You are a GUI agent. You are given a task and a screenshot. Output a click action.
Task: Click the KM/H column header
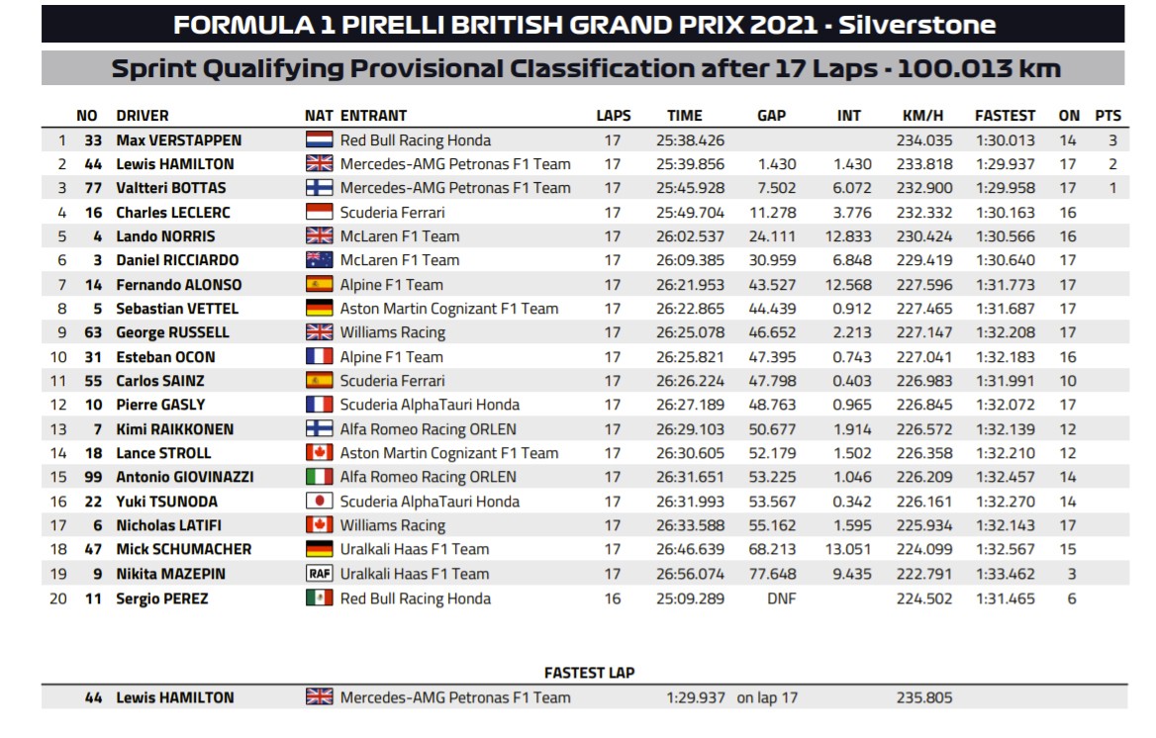click(x=922, y=116)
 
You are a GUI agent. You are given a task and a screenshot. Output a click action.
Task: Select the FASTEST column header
click(x=1005, y=116)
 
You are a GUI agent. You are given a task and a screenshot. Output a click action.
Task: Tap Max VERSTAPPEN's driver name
click(x=178, y=140)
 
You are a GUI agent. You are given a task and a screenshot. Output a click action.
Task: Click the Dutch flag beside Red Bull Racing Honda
click(x=320, y=140)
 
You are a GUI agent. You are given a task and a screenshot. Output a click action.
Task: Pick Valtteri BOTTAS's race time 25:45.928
click(x=690, y=188)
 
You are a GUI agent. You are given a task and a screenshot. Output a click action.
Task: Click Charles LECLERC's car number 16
click(x=94, y=213)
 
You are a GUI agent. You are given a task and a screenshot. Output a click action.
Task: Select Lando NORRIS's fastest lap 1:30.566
click(x=1005, y=236)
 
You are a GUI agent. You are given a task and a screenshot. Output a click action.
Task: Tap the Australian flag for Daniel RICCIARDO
click(x=320, y=259)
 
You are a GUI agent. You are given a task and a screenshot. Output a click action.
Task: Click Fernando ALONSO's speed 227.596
click(x=924, y=285)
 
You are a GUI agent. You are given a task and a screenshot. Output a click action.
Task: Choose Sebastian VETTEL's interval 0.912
click(x=852, y=309)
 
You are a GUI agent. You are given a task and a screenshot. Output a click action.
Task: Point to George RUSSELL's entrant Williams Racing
click(x=392, y=332)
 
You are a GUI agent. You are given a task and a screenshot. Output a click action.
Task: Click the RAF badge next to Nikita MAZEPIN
click(x=320, y=574)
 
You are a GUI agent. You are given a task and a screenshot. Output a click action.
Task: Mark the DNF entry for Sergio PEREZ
click(x=782, y=599)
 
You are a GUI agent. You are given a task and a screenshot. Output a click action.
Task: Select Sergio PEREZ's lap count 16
click(x=613, y=599)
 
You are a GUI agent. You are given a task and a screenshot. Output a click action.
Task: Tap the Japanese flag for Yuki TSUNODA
click(x=320, y=502)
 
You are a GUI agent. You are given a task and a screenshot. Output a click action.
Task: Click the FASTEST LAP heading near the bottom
click(x=589, y=673)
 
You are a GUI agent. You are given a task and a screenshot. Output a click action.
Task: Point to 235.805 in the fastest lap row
click(x=924, y=697)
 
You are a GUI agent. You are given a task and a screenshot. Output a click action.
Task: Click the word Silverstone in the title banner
click(x=917, y=25)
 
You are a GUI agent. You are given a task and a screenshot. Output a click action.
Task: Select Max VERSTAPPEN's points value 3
click(x=1112, y=140)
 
